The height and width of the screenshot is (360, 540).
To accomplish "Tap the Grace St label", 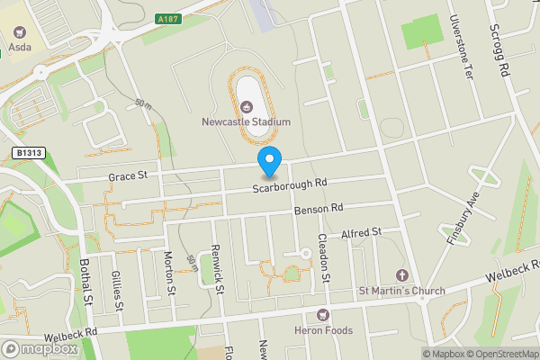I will [128, 176].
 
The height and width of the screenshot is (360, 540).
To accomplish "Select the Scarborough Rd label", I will [289, 184].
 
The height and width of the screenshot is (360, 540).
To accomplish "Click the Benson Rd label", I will [319, 209].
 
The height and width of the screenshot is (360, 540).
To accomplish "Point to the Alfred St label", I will [362, 232].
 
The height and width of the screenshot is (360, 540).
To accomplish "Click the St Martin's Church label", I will [401, 291].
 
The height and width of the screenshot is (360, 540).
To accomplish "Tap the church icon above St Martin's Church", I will [401, 274].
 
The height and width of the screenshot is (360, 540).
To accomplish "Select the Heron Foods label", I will [323, 330].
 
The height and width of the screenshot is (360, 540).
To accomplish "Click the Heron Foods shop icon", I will [323, 314].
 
